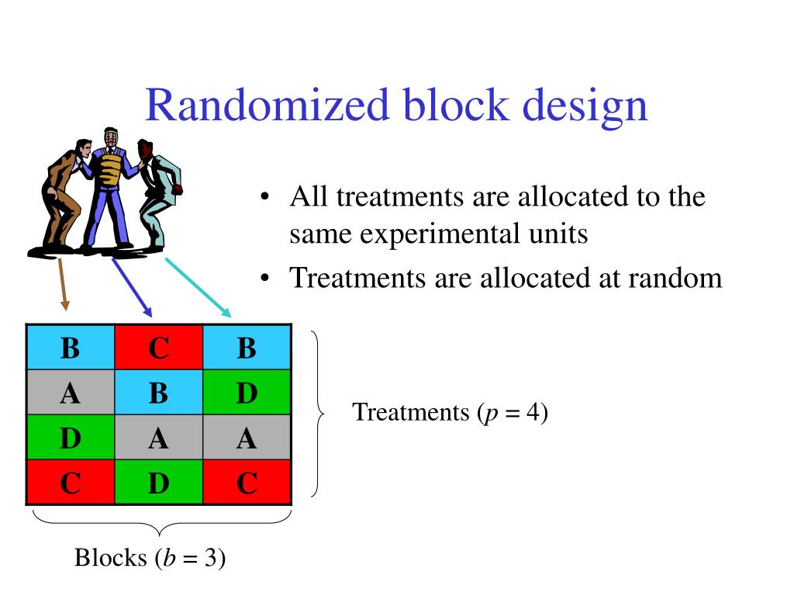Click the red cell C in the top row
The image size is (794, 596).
tap(158, 347)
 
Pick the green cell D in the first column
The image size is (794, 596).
tap(70, 438)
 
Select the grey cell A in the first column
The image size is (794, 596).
tap(70, 393)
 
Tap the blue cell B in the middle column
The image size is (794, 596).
tap(158, 393)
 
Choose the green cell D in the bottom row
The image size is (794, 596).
tap(158, 483)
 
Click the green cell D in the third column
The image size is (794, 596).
tap(247, 393)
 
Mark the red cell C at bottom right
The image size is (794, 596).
tap(247, 483)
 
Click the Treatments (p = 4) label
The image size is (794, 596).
tap(450, 412)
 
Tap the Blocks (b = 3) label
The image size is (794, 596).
tap(150, 557)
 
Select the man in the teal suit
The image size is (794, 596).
tap(159, 194)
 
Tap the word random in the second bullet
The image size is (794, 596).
tap(675, 277)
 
